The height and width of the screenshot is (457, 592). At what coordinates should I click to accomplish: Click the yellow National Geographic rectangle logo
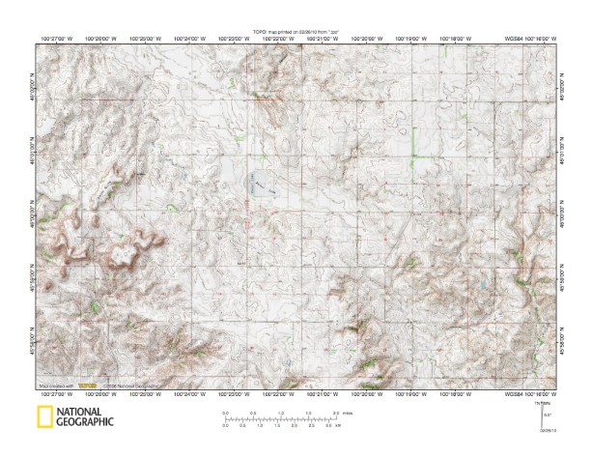(x=43, y=417)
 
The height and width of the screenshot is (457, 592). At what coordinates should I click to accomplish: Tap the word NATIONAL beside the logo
(x=84, y=413)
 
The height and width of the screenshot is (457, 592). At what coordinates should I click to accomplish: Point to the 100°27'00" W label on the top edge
(x=57, y=40)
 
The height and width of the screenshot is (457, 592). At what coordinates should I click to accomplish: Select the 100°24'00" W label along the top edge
(x=190, y=40)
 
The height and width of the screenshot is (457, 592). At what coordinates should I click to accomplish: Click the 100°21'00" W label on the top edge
(x=324, y=40)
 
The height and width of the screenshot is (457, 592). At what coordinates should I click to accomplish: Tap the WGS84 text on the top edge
(x=514, y=40)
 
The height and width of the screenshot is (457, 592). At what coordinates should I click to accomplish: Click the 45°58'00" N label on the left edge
(x=33, y=344)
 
